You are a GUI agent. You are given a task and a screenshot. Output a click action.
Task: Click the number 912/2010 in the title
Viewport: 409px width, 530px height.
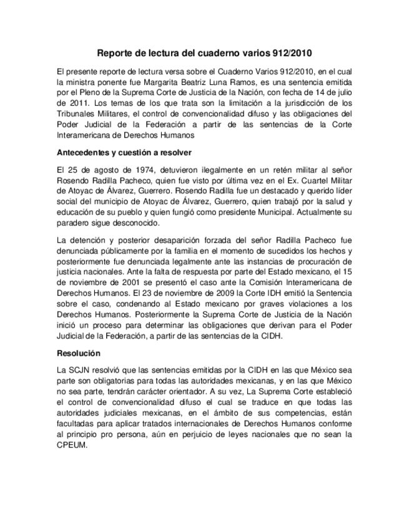point(284,54)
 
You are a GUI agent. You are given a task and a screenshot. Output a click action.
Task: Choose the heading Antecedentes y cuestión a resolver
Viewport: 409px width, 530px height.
point(124,152)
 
